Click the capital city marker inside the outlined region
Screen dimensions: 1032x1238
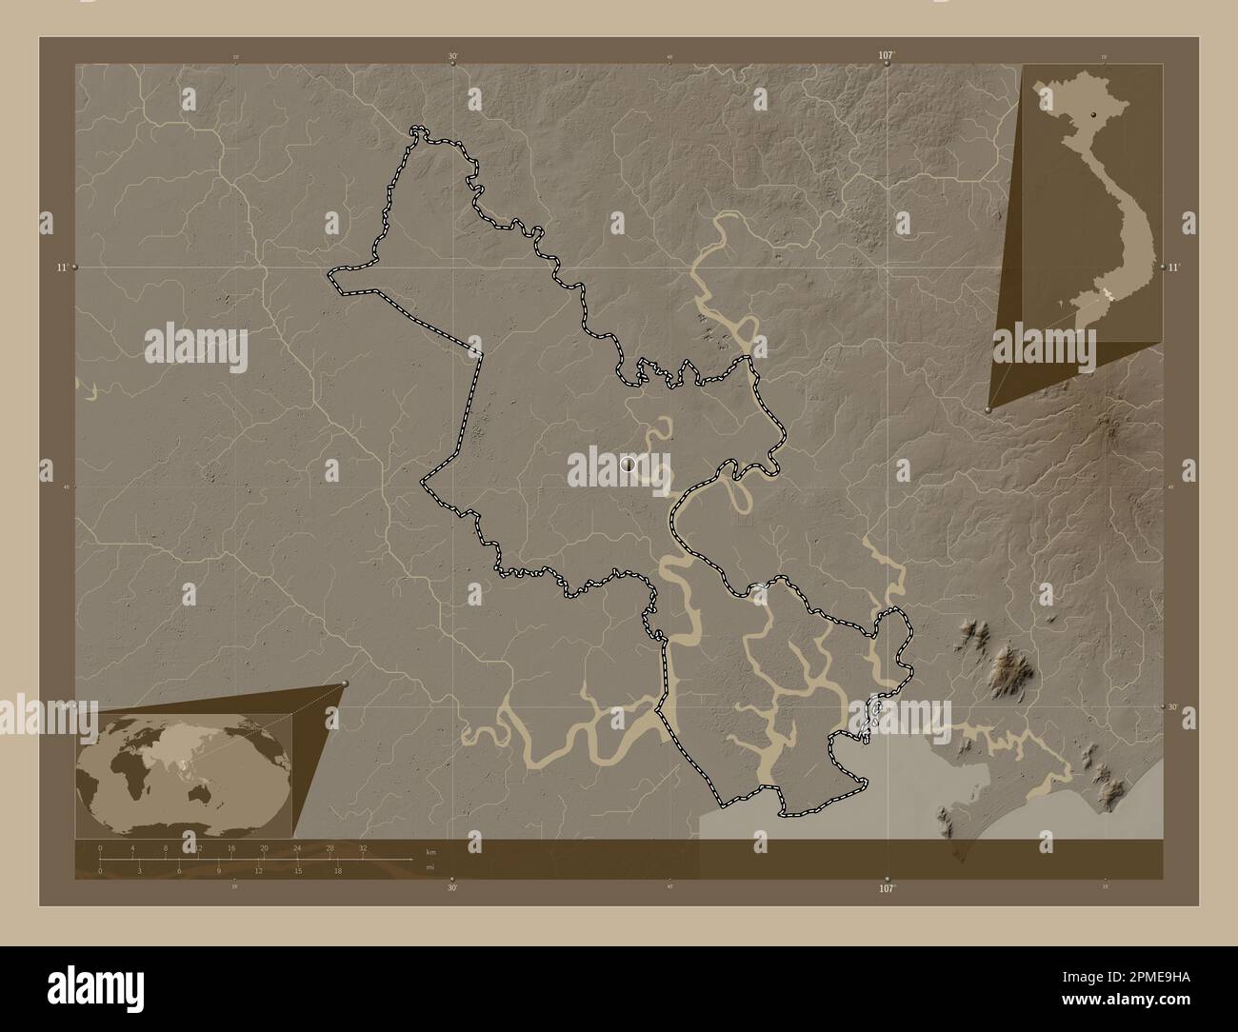click(x=628, y=464)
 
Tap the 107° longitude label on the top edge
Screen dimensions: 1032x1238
click(x=886, y=56)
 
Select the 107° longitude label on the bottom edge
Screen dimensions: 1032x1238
click(x=886, y=887)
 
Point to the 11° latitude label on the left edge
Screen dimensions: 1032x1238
click(x=61, y=268)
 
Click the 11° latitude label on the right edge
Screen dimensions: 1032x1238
click(x=1173, y=268)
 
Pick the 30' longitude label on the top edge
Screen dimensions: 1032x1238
click(x=452, y=56)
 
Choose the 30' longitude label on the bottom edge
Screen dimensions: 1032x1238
click(x=452, y=887)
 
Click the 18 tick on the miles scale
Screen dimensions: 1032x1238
click(x=338, y=869)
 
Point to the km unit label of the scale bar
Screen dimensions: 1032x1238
click(x=430, y=852)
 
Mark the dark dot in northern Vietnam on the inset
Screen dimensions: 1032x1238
click(x=1094, y=114)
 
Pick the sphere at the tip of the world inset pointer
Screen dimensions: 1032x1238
click(x=345, y=684)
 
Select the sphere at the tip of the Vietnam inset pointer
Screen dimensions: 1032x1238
click(x=988, y=409)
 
